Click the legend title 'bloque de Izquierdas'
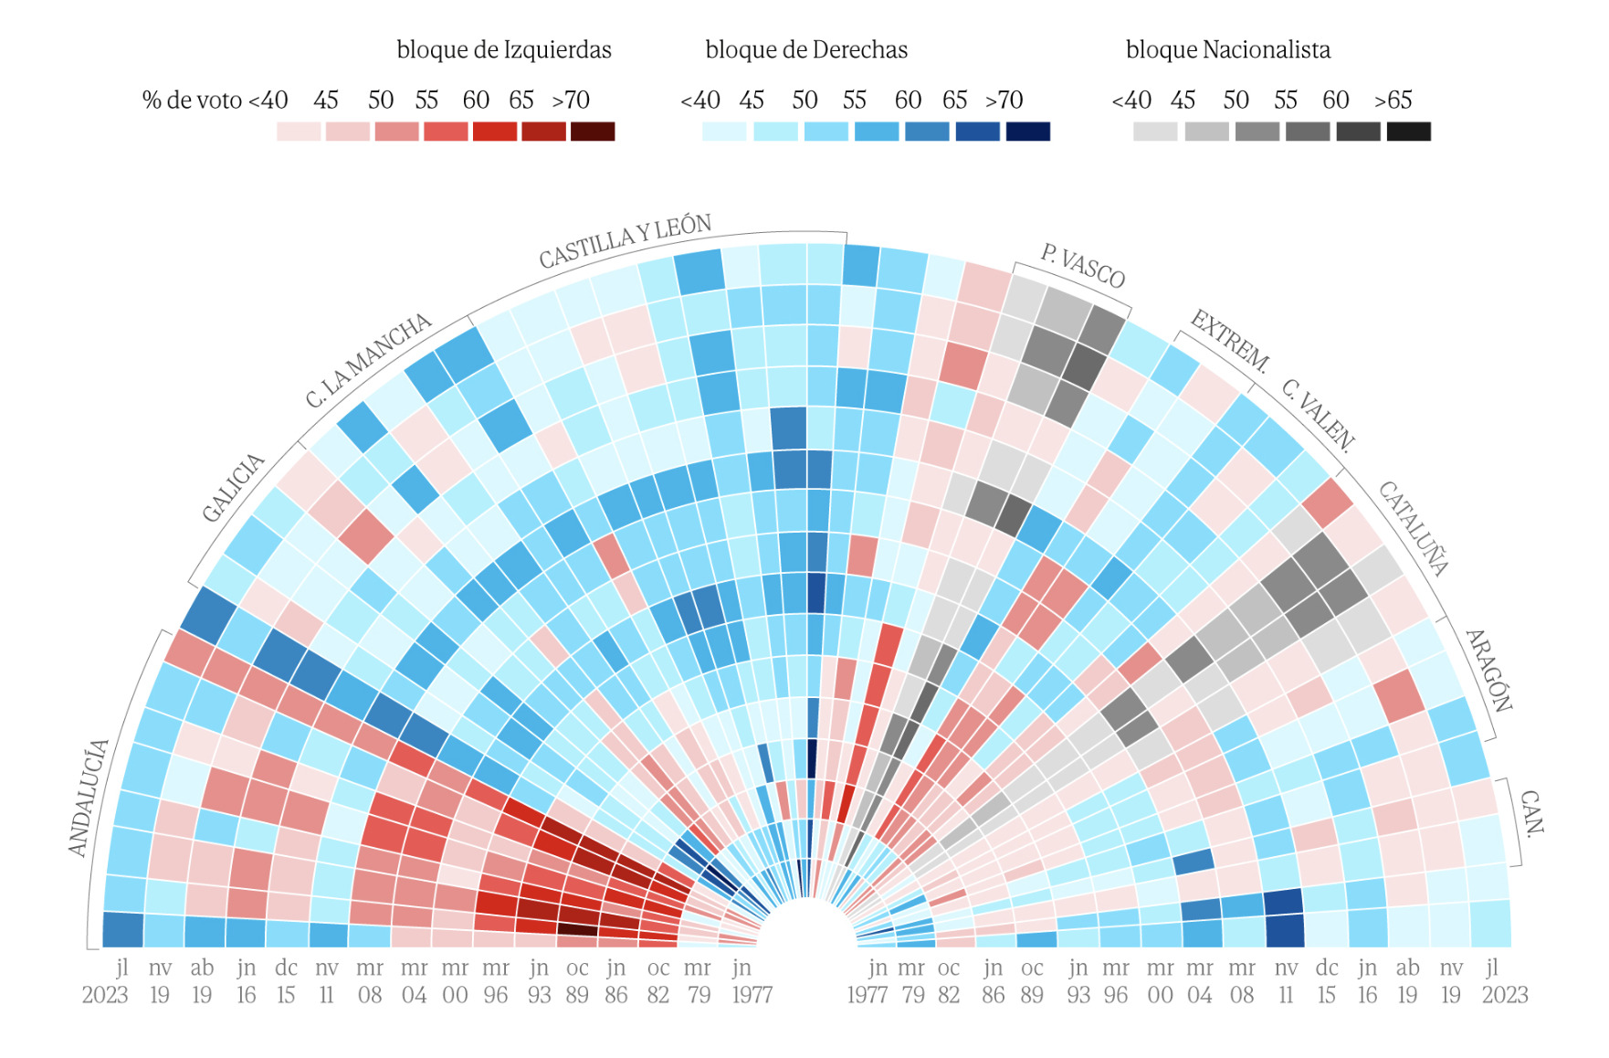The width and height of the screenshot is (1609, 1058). pos(503,49)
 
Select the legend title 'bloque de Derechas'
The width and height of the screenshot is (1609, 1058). pos(806,49)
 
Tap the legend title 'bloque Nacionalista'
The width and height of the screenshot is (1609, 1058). pos(1227,49)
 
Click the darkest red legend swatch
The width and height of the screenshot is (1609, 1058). pos(593,132)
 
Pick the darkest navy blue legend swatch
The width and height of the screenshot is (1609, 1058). pos(1027,132)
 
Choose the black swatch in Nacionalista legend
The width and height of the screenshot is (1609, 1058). pos(1408,132)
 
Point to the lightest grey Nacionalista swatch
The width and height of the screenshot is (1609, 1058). pos(1155,132)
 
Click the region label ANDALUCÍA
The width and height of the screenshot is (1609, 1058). pos(89,798)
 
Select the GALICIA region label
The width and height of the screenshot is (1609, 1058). pos(233,488)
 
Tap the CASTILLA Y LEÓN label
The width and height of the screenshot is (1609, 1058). pos(625,241)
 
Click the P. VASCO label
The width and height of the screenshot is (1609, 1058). pos(1082,265)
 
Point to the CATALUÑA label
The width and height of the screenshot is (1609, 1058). pos(1413,528)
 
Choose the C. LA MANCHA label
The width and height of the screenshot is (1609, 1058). pos(368,360)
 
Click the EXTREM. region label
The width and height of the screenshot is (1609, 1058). pos(1230,341)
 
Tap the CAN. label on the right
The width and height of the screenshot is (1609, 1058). pos(1531,812)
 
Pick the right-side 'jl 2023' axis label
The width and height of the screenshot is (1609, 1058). pos(1503,981)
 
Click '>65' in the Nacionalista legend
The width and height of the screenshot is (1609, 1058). pos(1393,100)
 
